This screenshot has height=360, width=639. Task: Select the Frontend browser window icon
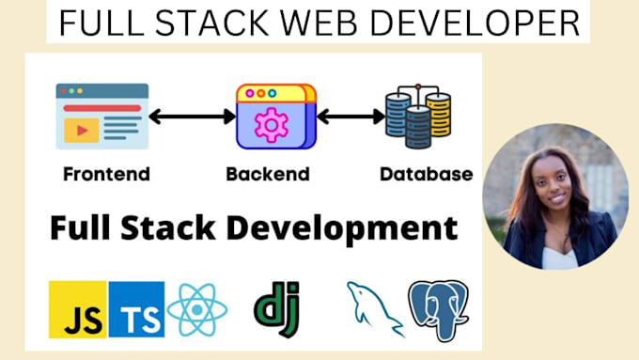point(101,116)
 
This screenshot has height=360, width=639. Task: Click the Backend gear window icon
point(275,116)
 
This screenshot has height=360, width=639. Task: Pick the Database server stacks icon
point(417,116)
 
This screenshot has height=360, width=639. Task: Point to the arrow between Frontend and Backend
point(192,117)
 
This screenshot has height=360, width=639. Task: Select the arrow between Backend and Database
point(349,117)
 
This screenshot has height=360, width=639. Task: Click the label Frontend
point(106,174)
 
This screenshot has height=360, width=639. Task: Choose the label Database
point(426,174)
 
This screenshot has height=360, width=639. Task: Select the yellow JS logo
point(76,310)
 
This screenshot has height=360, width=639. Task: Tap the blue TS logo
point(136,310)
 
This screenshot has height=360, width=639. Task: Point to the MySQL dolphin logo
point(373,306)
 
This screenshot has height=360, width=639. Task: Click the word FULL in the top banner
point(95,23)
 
